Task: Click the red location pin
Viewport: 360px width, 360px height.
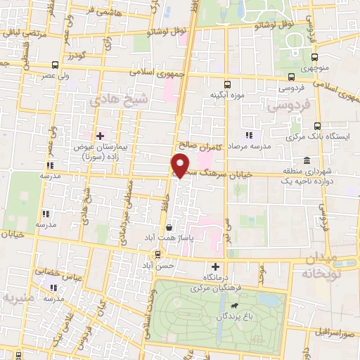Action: [181, 165]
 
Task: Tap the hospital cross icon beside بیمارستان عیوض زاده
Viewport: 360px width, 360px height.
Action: [100, 135]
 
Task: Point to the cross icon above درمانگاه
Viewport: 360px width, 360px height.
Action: [216, 267]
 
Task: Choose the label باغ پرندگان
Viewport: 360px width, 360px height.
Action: [233, 317]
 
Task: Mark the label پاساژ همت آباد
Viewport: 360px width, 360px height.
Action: [169, 239]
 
